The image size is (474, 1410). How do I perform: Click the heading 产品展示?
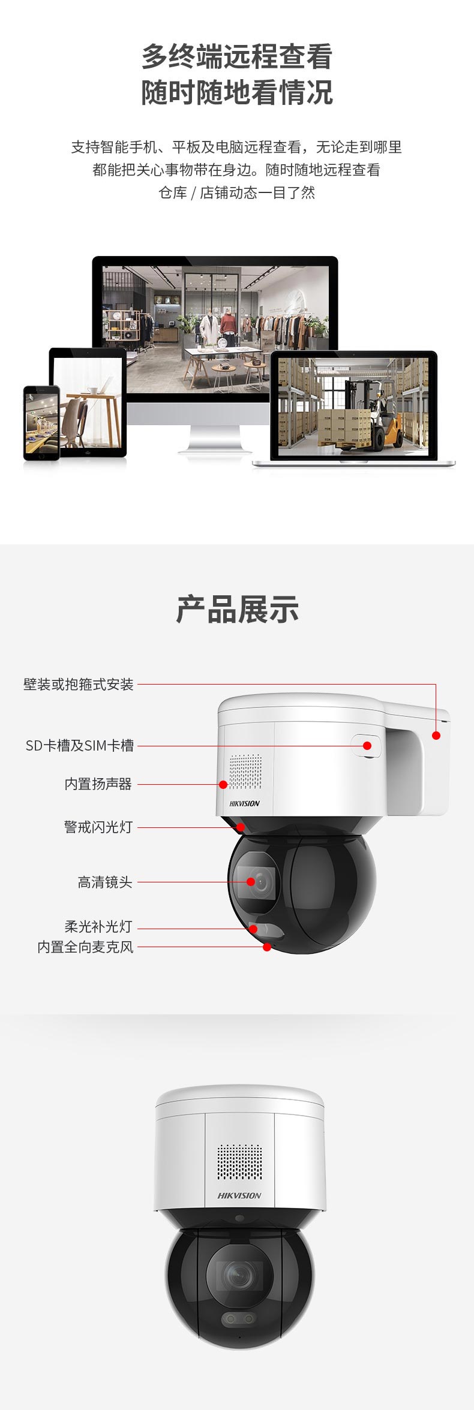(x=237, y=609)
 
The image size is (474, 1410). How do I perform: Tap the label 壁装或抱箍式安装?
(x=79, y=685)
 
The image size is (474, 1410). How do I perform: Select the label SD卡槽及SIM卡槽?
(x=80, y=746)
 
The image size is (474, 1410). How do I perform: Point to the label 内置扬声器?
(x=98, y=784)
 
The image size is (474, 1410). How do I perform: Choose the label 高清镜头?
(x=105, y=882)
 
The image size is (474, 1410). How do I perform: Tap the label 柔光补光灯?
(x=98, y=927)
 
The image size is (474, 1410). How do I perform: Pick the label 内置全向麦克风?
(x=85, y=947)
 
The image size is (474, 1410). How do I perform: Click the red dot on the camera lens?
(x=251, y=882)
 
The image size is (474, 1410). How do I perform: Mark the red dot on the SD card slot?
(x=367, y=746)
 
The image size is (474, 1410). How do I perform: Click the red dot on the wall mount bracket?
(x=436, y=735)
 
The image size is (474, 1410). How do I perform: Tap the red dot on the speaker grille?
(x=223, y=784)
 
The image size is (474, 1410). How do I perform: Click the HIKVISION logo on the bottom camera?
(x=239, y=1195)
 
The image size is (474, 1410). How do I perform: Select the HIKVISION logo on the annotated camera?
(x=245, y=803)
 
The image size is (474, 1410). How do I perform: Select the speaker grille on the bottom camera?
(x=239, y=1161)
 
